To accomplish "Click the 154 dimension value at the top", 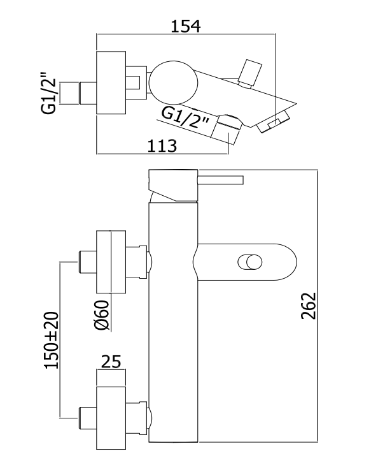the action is coord(186,26).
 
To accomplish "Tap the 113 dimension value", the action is coord(162,146).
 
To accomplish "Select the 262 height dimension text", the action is coord(309,306).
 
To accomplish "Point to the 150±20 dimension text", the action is coord(52,341).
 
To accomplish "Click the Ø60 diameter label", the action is coord(101,315).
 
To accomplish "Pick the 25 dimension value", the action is coord(111,362).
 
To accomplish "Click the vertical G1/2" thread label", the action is coord(49,92).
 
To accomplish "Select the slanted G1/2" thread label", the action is coord(185,119).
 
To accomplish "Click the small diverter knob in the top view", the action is coord(250,73).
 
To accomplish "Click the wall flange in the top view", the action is coord(111,83).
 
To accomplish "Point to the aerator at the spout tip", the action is coord(274,122).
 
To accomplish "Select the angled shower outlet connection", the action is coord(227,129).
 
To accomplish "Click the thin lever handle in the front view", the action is coord(220,180).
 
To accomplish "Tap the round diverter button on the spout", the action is coord(250,262).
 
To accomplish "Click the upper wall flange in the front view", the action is coord(111,262).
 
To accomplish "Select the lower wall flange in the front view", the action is coord(111,418).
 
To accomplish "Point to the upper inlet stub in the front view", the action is coord(87,262).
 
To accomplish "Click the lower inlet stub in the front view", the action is coord(87,418).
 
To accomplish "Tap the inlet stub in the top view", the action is coord(78,93).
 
